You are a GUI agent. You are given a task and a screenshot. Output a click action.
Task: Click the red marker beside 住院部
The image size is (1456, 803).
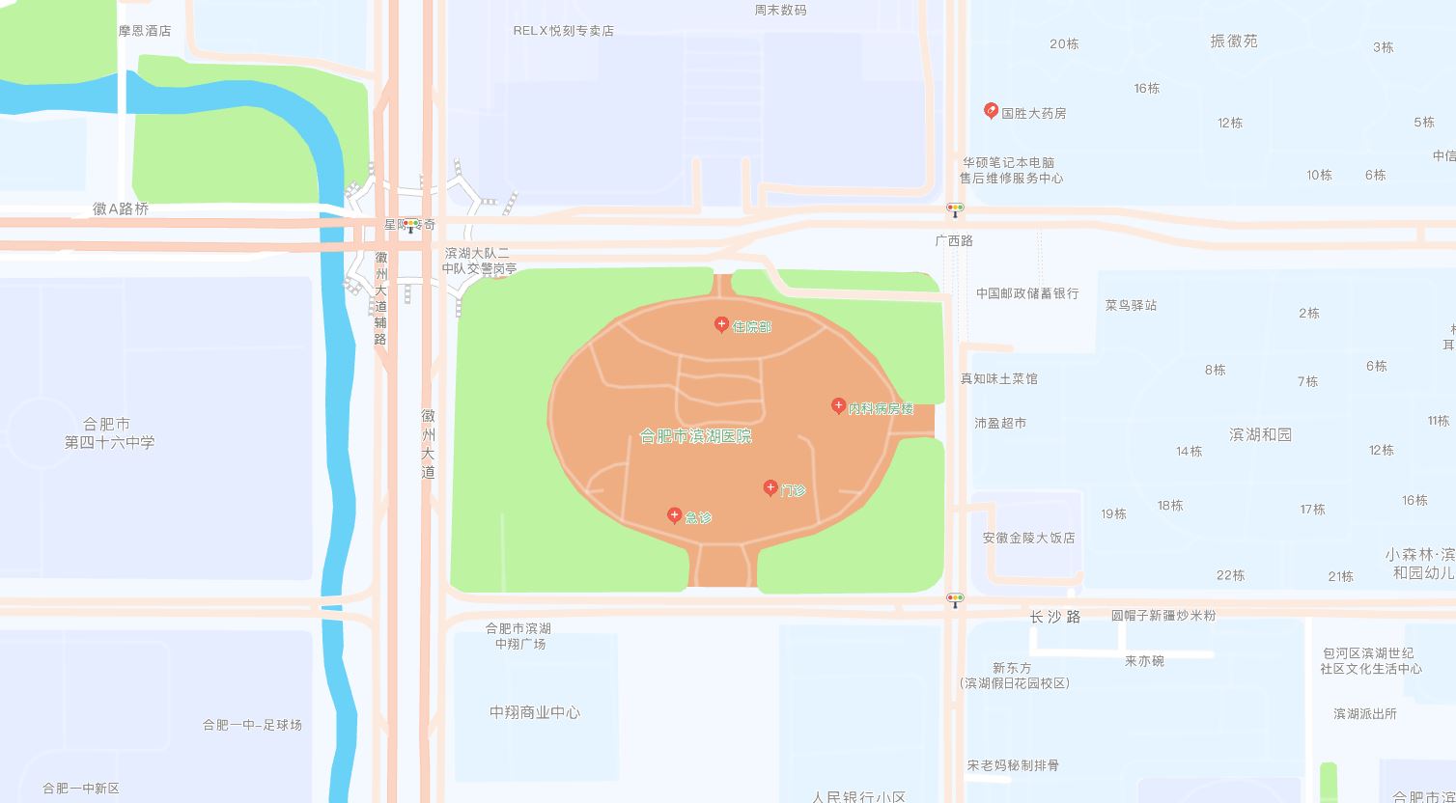[721, 324]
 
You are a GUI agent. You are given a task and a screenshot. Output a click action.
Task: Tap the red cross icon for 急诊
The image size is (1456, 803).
[675, 515]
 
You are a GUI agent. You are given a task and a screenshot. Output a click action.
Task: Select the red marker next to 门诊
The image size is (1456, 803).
[770, 487]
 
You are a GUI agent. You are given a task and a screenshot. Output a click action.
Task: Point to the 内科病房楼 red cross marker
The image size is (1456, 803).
[839, 405]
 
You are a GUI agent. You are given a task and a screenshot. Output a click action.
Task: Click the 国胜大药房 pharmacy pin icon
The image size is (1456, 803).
[991, 110]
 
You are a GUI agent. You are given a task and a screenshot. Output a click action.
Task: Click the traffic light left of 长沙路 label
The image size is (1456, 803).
[955, 599]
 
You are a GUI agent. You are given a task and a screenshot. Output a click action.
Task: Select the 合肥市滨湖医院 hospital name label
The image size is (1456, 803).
[695, 436]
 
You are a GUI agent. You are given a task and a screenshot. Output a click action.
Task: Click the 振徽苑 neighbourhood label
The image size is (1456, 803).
[1234, 42]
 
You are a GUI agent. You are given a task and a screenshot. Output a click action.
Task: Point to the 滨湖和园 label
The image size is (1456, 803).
[1260, 434]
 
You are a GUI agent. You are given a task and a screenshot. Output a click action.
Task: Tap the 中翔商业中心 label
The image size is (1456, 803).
[535, 712]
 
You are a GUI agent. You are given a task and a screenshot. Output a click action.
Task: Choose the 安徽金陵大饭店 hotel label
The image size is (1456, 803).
[1028, 538]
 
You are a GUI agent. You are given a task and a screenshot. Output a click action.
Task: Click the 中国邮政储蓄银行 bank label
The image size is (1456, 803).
[1027, 293]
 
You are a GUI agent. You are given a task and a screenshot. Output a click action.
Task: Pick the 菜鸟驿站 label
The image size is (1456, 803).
[1131, 305]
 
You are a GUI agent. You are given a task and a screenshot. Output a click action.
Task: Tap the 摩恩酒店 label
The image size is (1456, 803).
[145, 31]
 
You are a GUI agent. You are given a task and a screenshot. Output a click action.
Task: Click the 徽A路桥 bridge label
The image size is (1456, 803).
[121, 208]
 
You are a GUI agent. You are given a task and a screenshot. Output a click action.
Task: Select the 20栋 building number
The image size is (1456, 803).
[1064, 44]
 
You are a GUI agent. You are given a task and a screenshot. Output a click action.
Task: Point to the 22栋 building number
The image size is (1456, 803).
[1230, 575]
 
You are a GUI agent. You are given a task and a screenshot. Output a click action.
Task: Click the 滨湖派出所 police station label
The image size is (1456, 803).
[1364, 714]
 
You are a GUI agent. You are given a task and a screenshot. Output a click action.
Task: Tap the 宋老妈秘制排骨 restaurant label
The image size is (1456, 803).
[1013, 765]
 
